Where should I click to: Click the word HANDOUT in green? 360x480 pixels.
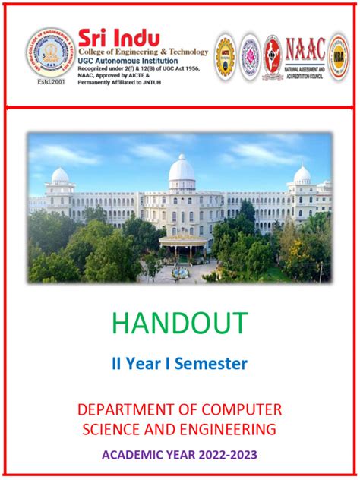tap(180, 324)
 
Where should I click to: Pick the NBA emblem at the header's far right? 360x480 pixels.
tap(338, 55)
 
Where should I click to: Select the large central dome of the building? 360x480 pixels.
tap(182, 170)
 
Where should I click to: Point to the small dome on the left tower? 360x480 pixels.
tap(60, 175)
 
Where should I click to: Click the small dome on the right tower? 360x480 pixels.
tap(302, 175)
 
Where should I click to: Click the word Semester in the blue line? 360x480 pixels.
tap(211, 365)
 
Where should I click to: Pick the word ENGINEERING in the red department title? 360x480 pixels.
tap(233, 430)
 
